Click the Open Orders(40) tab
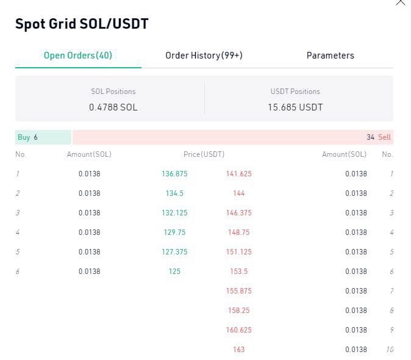pos(78,56)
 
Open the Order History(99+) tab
pos(204,56)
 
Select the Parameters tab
pos(331,56)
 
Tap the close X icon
pos(401,2)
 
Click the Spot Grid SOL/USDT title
pos(82,24)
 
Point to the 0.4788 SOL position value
pos(113,107)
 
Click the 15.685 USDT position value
pos(295,107)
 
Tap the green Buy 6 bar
pos(43,137)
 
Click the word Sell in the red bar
pos(384,137)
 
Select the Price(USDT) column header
pos(204,154)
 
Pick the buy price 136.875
pos(174,174)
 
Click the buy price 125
pos(174,272)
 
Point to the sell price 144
pos(239,193)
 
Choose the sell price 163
pos(239,350)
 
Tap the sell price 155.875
pos(239,291)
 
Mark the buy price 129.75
pos(174,232)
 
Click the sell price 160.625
pos(239,330)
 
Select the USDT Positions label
pos(295,92)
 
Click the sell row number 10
pos(390,350)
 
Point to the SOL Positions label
pos(113,92)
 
